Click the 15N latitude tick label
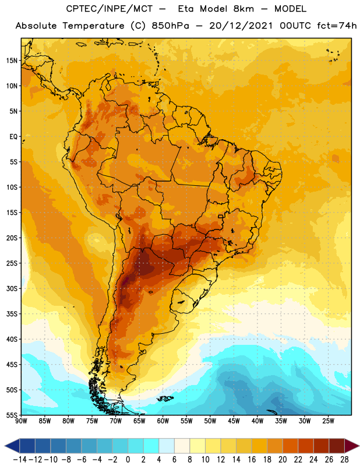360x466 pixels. click(x=12, y=61)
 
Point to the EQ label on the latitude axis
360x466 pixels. click(x=13, y=137)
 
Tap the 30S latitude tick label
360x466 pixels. click(x=12, y=289)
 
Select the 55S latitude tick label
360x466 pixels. click(x=12, y=415)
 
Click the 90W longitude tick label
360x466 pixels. click(x=21, y=421)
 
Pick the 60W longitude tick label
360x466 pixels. click(x=163, y=421)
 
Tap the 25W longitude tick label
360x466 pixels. click(x=328, y=421)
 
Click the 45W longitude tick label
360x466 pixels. click(x=234, y=421)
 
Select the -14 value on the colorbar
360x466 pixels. click(x=20, y=460)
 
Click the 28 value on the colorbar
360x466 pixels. click(x=344, y=460)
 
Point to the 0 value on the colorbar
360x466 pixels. click(x=128, y=460)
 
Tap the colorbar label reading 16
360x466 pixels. click(x=252, y=460)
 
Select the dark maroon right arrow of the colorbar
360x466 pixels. click(x=352, y=446)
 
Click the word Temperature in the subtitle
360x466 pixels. click(x=93, y=26)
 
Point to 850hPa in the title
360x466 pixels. click(x=170, y=26)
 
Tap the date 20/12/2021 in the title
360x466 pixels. click(x=241, y=26)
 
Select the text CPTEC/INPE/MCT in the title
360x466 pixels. click(x=110, y=9)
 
